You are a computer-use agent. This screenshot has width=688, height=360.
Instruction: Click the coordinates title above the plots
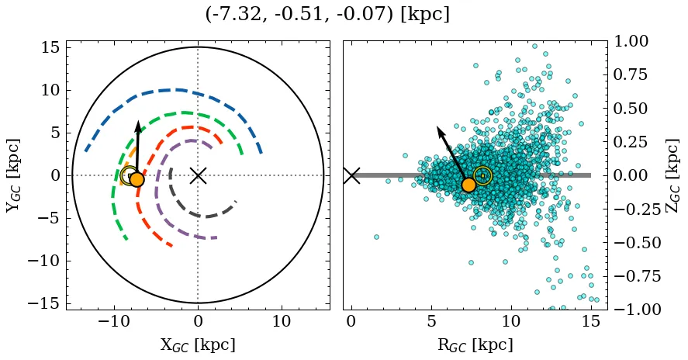327,15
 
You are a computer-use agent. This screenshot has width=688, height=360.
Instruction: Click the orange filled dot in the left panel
137,179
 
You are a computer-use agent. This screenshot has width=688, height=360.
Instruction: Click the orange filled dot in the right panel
468,185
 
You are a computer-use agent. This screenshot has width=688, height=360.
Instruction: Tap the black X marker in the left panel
198,175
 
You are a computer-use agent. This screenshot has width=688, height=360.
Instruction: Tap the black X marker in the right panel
351,175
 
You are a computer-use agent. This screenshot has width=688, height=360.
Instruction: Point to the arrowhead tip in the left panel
138,122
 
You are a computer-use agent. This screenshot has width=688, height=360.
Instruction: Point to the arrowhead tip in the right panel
437,126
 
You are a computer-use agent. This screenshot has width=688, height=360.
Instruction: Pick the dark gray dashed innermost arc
202,216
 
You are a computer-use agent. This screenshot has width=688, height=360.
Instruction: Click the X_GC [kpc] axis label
198,344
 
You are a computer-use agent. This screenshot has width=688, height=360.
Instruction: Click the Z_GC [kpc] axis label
672,175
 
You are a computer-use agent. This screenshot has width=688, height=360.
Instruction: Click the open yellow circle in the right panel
482,176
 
